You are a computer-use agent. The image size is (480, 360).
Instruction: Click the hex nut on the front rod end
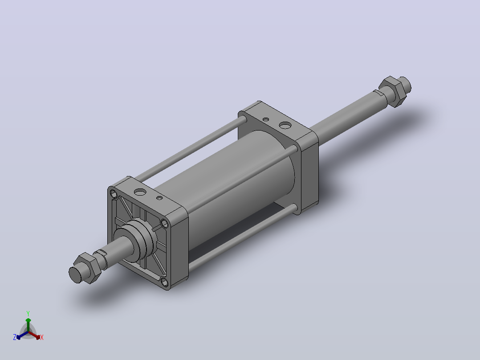click(88, 268)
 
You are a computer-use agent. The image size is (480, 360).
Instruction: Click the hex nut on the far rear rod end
click(393, 91)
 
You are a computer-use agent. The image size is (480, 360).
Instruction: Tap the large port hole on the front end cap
click(140, 192)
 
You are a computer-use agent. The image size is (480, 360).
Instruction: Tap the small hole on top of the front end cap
click(159, 198)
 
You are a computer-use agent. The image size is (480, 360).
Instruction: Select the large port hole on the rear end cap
click(285, 125)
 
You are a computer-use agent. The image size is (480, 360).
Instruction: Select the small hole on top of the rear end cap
click(266, 119)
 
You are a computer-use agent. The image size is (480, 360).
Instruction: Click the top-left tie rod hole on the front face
click(114, 194)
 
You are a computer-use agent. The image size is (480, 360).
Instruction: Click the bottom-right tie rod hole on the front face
click(164, 282)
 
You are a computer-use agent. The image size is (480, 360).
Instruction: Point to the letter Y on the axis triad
click(28, 313)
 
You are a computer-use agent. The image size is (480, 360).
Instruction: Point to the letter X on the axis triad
click(42, 337)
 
